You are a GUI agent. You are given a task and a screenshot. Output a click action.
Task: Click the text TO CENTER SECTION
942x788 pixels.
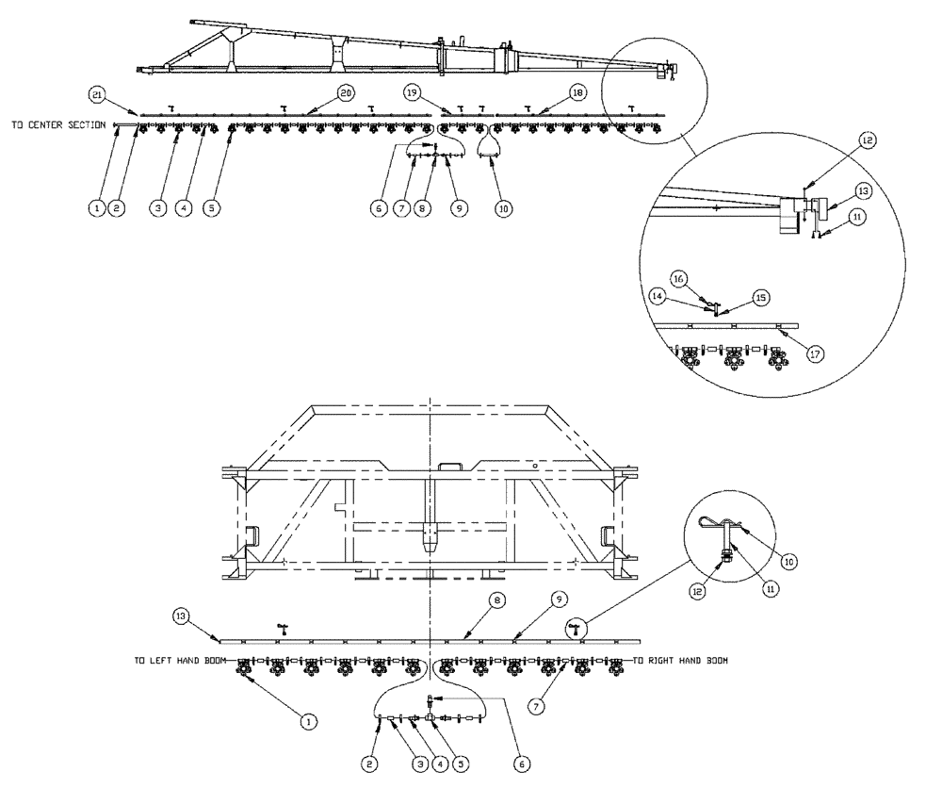57,124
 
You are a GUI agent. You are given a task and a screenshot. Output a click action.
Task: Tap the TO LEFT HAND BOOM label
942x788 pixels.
178,661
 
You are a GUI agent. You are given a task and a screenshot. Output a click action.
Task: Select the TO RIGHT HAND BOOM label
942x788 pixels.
679,661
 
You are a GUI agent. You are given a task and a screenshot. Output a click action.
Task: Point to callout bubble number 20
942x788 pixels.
346,93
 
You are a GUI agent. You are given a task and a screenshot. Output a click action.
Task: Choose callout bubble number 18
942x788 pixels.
577,93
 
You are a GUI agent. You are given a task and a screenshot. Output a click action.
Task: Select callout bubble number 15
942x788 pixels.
761,296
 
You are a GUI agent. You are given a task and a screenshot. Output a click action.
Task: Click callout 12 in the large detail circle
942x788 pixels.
867,140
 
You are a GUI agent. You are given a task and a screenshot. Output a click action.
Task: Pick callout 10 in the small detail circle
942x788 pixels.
788,561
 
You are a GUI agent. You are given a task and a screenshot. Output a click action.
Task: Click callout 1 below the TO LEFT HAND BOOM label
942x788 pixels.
306,720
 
